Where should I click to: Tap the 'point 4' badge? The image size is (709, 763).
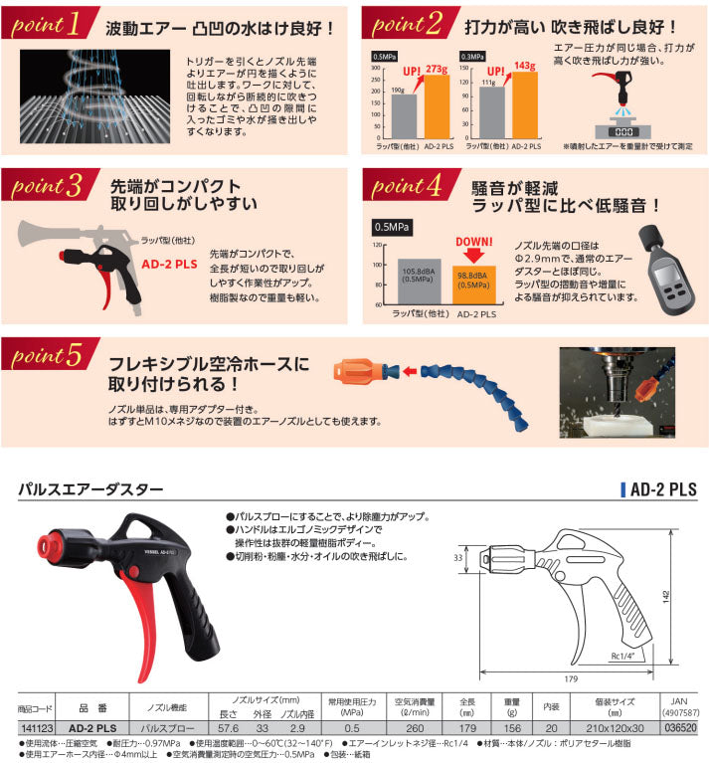pyautogui.click(x=409, y=187)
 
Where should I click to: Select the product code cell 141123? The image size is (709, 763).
pyautogui.click(x=35, y=728)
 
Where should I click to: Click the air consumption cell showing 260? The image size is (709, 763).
pyautogui.click(x=419, y=728)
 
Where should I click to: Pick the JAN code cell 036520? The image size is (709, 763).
pyautogui.click(x=680, y=728)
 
